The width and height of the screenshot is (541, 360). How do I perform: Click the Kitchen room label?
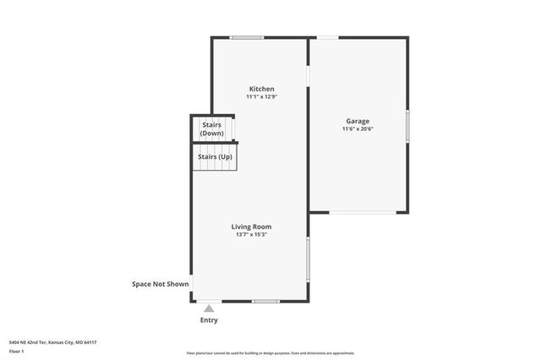click(x=261, y=89)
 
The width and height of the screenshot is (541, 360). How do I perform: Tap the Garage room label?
click(x=358, y=121)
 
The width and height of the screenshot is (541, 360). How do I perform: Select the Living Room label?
click(x=252, y=226)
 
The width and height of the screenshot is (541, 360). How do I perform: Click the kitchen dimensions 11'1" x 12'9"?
click(x=261, y=97)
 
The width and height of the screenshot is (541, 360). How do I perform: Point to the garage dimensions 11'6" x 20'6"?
click(x=358, y=129)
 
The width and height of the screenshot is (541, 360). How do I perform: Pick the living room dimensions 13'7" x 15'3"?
click(x=252, y=235)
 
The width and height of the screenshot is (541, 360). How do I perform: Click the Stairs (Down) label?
click(x=211, y=129)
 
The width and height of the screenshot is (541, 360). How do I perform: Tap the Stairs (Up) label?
click(x=215, y=157)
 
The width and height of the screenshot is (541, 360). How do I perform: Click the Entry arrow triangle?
click(x=209, y=309)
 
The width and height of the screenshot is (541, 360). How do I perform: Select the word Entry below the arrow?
click(x=209, y=320)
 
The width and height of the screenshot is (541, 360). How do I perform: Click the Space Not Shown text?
click(x=160, y=284)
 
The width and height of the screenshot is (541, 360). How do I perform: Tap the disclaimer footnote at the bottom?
click(x=270, y=353)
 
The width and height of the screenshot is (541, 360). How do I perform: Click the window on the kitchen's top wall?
click(x=247, y=37)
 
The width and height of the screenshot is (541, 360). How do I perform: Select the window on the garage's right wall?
click(x=407, y=126)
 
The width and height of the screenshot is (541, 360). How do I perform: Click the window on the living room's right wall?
click(x=309, y=259)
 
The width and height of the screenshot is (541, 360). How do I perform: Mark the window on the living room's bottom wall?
click(x=265, y=301)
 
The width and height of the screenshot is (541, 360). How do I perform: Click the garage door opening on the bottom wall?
click(x=362, y=212)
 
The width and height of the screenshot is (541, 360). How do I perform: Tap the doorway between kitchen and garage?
click(x=309, y=74)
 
